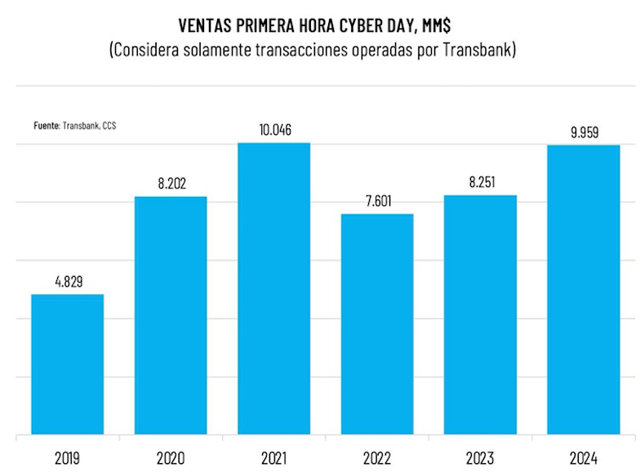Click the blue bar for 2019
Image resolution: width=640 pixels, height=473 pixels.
click(x=68, y=364)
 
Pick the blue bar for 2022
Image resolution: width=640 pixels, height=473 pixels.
click(x=377, y=324)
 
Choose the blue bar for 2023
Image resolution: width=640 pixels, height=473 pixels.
click(x=481, y=315)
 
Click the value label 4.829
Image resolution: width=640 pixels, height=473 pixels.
click(x=68, y=281)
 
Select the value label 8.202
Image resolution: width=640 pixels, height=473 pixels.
click(x=171, y=184)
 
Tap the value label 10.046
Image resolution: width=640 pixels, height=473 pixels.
click(x=274, y=130)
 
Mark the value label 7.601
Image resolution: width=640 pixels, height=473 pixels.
click(x=378, y=201)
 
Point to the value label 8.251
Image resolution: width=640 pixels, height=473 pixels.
click(x=481, y=182)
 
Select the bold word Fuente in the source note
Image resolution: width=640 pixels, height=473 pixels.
click(x=47, y=126)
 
